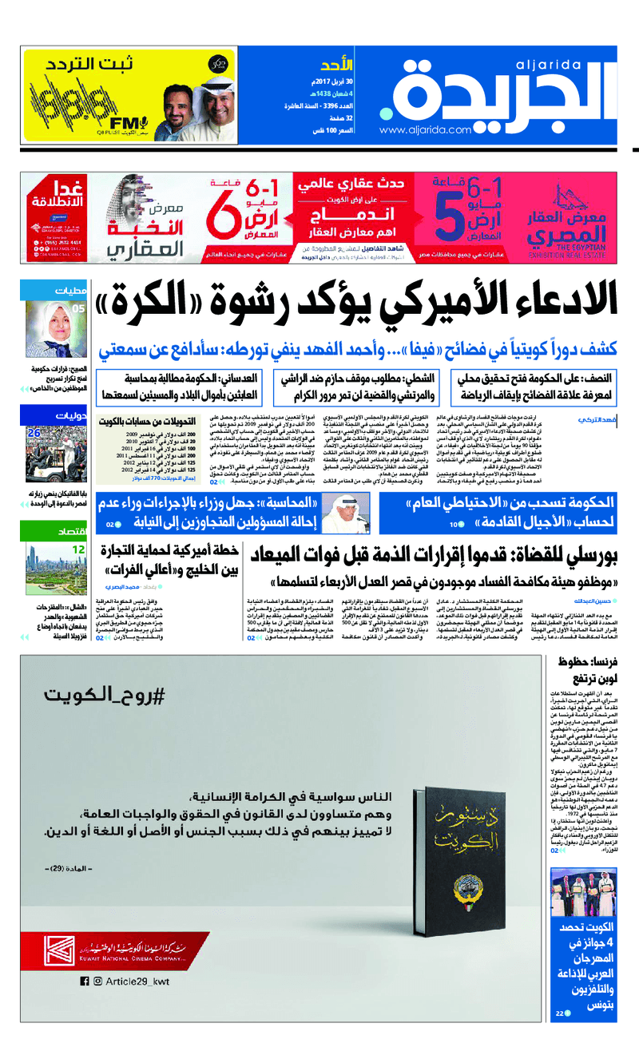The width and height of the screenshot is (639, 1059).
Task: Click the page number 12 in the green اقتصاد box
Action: point(79,550)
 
